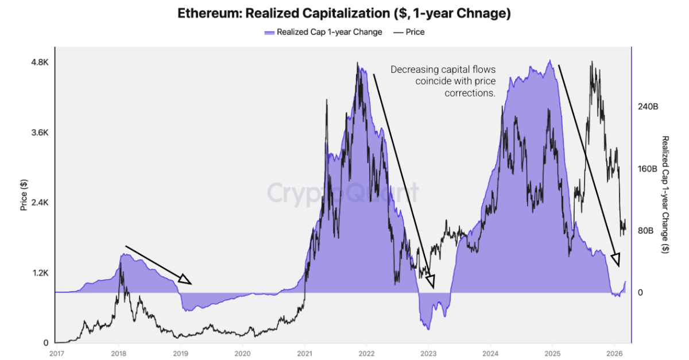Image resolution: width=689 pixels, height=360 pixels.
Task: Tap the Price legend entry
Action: click(415, 32)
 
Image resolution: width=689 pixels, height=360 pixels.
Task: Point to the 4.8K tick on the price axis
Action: click(40, 62)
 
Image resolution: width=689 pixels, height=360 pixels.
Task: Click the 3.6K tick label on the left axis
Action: click(40, 133)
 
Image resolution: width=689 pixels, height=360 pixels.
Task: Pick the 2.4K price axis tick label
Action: click(40, 203)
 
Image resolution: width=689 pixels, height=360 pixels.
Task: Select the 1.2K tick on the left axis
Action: click(40, 273)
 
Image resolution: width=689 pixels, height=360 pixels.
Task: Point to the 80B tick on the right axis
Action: click(646, 231)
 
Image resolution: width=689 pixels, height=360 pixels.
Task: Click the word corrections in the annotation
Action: click(470, 92)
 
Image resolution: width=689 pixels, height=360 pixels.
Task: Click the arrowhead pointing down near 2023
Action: click(431, 282)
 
